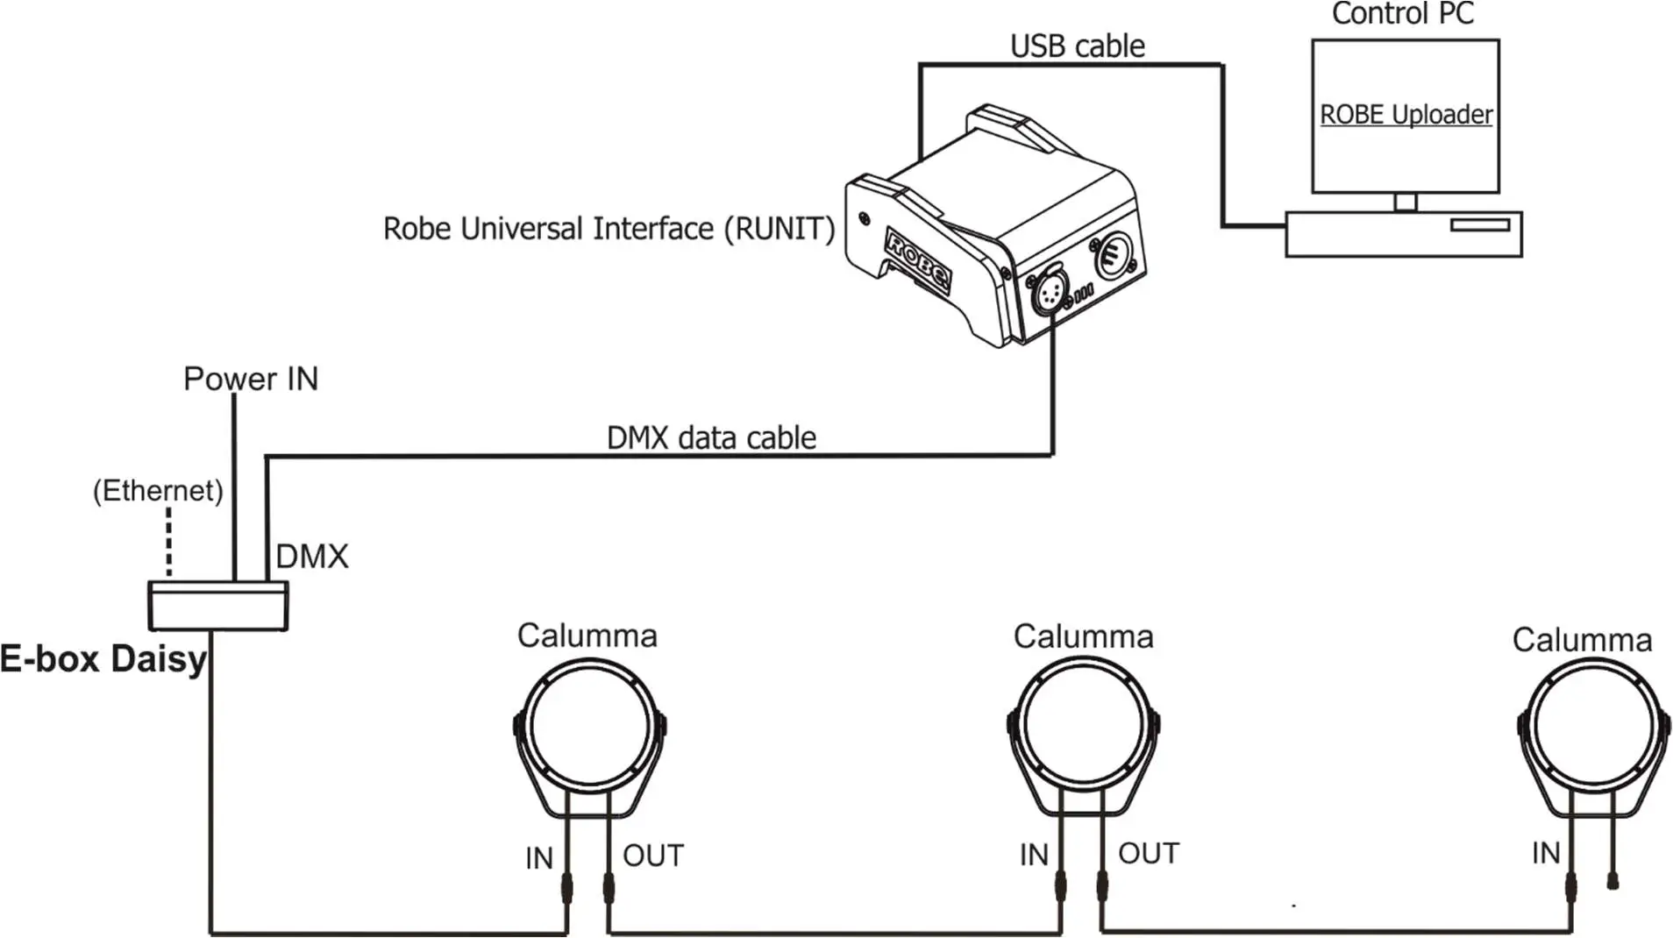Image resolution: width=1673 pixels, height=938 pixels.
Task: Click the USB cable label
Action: (1077, 46)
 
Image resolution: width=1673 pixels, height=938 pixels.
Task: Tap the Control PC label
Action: (1402, 14)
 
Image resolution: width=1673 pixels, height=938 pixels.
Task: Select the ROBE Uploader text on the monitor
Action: (1406, 115)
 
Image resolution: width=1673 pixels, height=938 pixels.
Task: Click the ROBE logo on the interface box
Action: (917, 259)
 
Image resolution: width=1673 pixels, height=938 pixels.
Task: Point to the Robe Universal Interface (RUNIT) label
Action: (609, 229)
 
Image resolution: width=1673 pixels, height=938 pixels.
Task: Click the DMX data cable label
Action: (711, 437)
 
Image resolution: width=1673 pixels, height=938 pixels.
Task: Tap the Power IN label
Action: (251, 379)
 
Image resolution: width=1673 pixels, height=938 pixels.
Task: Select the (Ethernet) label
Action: (158, 490)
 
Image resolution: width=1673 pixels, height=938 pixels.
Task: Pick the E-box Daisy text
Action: (103, 659)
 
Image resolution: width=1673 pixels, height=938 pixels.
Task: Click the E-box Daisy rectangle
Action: (217, 606)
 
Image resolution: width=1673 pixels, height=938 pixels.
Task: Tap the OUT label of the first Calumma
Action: (653, 856)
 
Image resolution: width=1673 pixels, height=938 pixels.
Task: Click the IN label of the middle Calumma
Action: (1034, 855)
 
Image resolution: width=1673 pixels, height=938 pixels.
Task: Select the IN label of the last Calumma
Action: (1546, 853)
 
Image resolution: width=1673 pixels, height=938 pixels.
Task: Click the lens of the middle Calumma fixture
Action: (1084, 726)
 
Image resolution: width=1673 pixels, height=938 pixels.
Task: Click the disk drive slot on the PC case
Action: (1479, 225)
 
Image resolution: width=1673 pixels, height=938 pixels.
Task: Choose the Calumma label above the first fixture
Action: (587, 636)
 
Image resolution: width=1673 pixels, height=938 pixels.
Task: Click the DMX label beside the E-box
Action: (312, 557)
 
